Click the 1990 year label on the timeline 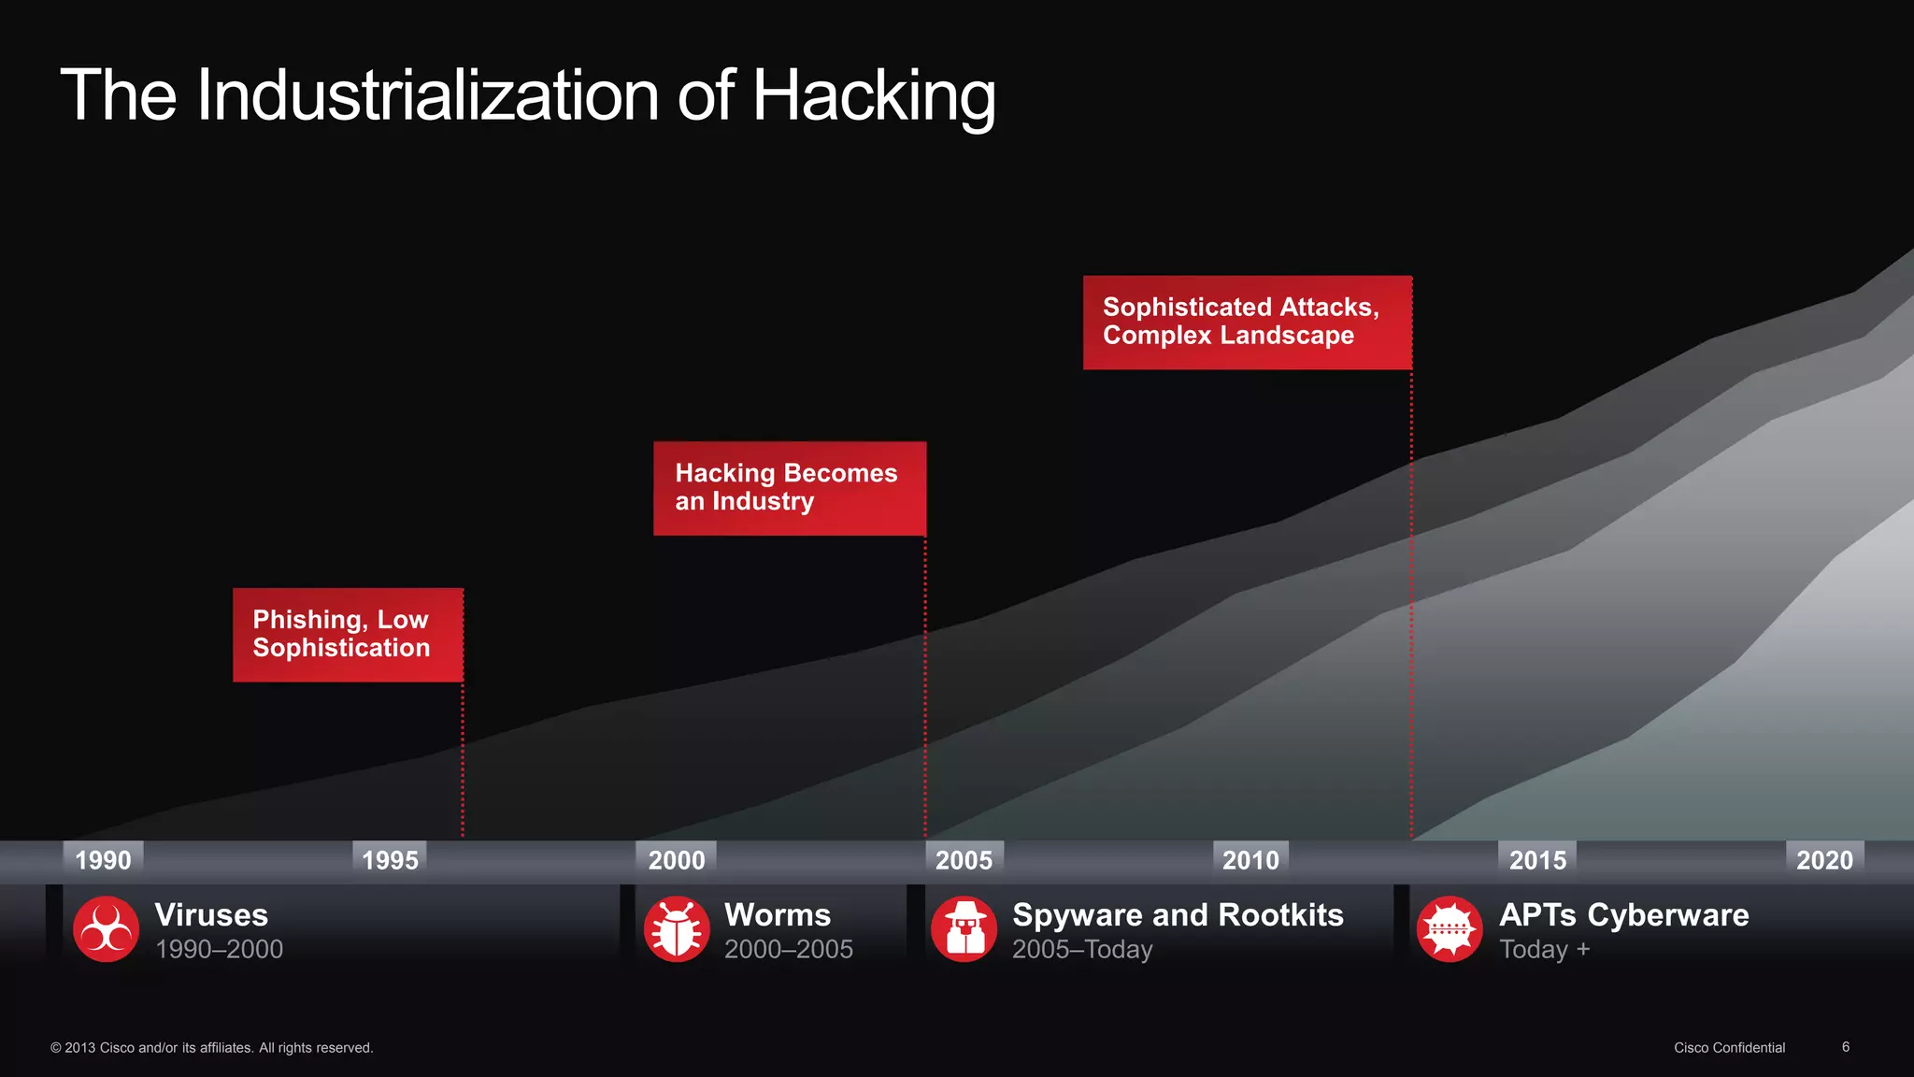[x=103, y=860]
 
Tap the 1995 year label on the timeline [x=390, y=860]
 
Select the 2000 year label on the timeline [x=677, y=860]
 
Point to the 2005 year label [x=964, y=860]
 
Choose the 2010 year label [x=1250, y=860]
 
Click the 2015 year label [x=1537, y=860]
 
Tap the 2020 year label [x=1824, y=860]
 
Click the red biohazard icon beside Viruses [x=107, y=929]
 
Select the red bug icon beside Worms [x=677, y=929]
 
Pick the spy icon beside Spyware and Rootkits [x=964, y=929]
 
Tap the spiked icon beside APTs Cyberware [x=1450, y=929]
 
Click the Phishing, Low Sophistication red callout [x=348, y=635]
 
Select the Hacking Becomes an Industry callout [x=790, y=488]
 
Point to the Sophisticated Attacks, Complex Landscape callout [x=1247, y=323]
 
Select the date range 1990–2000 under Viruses [x=219, y=950]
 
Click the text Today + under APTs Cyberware [x=1544, y=950]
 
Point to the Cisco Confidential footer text [x=1729, y=1048]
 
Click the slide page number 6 [x=1846, y=1047]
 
